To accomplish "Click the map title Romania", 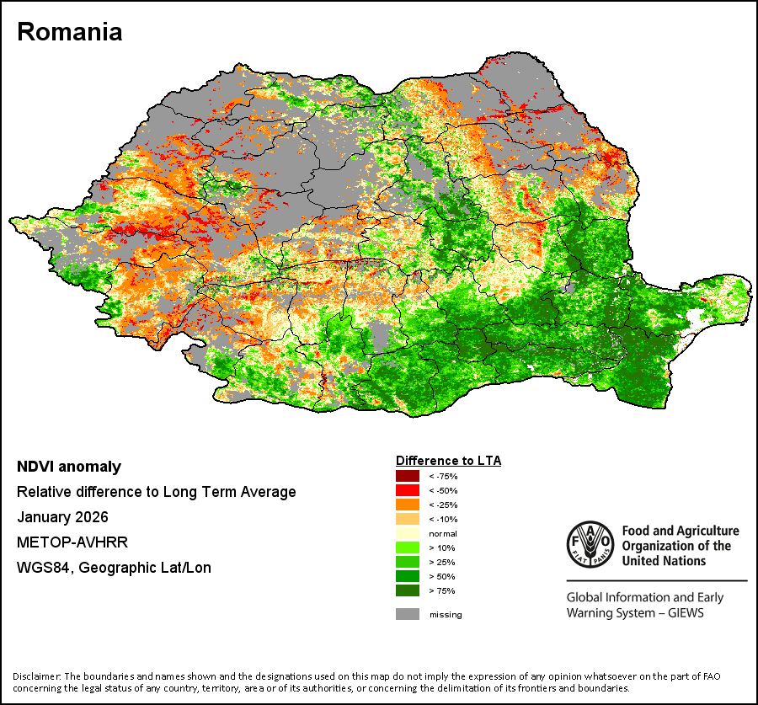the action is click(70, 32).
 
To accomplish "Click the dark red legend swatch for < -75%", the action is click(407, 476).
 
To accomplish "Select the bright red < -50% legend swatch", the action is click(407, 490).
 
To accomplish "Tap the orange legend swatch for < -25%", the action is click(407, 505).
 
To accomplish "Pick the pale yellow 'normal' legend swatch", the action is click(407, 533).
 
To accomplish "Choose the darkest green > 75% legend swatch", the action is click(407, 590).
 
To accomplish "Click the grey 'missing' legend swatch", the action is click(407, 614).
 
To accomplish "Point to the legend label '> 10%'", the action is click(442, 547).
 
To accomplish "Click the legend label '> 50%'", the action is click(442, 576).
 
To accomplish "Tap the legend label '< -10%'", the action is click(443, 520).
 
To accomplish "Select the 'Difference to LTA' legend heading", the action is click(448, 461).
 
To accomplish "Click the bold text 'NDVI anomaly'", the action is click(69, 467).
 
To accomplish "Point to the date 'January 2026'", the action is click(63, 517).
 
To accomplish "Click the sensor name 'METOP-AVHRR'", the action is click(72, 542).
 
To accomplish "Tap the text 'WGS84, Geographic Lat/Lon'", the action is click(114, 567).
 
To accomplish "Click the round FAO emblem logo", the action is click(590, 544).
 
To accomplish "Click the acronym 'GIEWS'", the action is click(686, 613).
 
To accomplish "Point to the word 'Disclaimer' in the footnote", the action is click(36, 676).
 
